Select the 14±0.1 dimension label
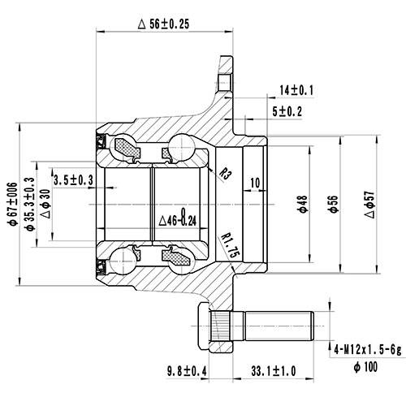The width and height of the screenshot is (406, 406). coord(297,90)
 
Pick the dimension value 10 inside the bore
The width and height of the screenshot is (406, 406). coord(255,184)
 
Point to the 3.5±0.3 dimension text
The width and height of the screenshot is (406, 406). coord(73,179)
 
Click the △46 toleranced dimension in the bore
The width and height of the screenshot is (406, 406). coord(179,218)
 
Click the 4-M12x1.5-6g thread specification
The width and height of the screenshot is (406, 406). coord(366,349)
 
